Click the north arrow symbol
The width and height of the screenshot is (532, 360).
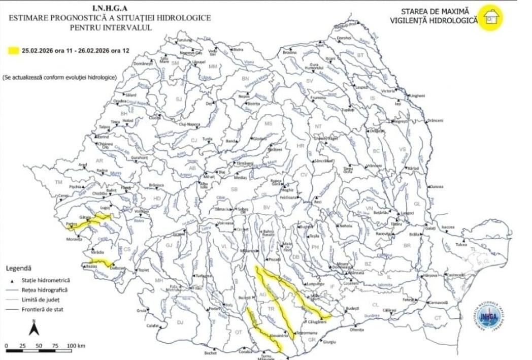33,329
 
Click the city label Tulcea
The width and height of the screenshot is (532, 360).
460,244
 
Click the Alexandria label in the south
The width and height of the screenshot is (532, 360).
278,336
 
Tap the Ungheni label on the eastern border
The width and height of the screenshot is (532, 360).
417,95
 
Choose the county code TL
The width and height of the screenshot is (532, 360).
473,249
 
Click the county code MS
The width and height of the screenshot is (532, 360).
269,123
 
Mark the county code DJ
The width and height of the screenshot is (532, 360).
180,322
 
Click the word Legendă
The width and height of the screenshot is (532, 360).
19,268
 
